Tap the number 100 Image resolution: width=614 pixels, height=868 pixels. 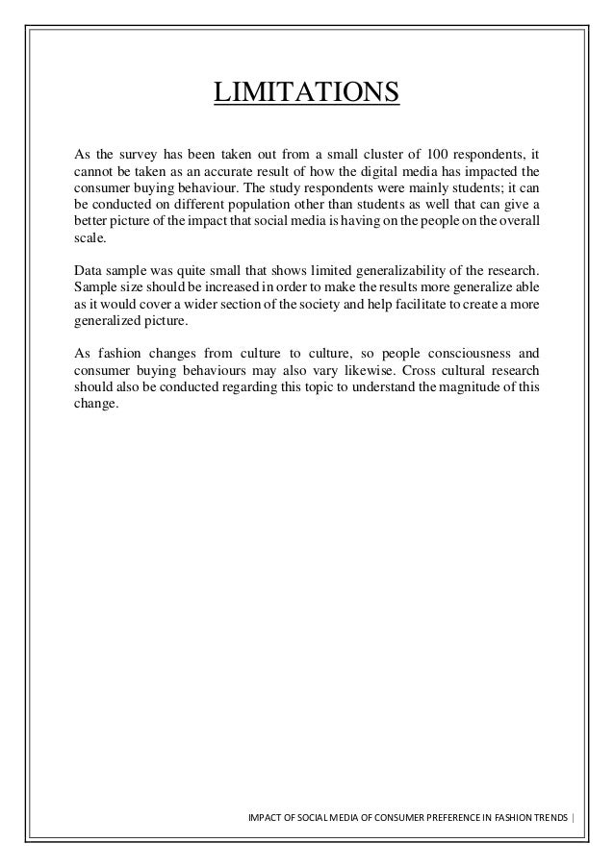(x=443, y=153)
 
